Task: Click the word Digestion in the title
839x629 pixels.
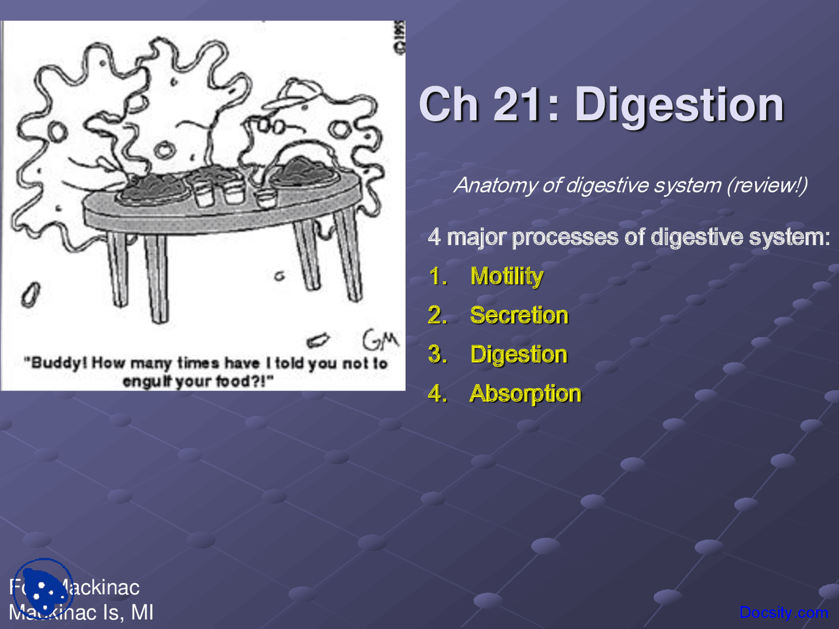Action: pos(679,105)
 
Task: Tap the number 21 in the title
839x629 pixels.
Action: pos(522,105)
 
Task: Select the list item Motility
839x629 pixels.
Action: pos(507,276)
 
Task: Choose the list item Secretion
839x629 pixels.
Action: pos(519,315)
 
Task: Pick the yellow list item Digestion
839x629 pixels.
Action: pos(518,354)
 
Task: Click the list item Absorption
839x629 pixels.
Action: pos(525,394)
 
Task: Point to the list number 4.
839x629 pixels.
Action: pos(437,393)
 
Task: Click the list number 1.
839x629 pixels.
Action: pos(437,276)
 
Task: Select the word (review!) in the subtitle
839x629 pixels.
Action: pos(767,185)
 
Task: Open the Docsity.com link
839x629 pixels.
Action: pos(783,613)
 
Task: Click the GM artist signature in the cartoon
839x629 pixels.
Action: pos(380,339)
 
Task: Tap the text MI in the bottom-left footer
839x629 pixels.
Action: pos(142,613)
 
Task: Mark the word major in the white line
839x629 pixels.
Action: pos(477,237)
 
